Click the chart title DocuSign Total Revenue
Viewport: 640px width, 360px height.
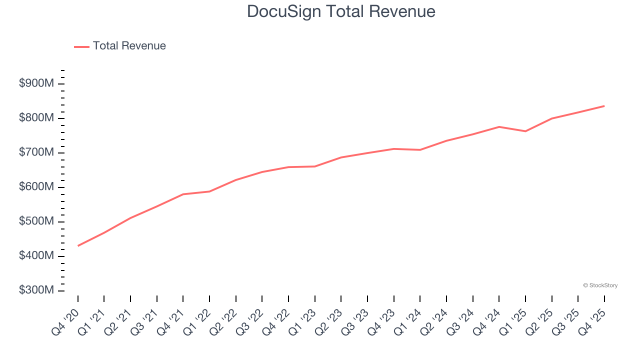tap(341, 11)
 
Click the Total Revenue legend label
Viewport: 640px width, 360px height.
tap(129, 46)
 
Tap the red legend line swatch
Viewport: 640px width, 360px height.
tap(81, 46)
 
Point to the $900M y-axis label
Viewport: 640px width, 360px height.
tap(36, 83)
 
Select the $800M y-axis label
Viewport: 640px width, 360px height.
tap(36, 118)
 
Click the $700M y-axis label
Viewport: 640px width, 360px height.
tap(36, 152)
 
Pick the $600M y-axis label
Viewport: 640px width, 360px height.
tap(36, 187)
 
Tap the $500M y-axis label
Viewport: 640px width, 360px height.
tap(36, 221)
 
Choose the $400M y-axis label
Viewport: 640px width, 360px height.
tap(36, 256)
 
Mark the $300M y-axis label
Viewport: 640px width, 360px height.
tap(36, 290)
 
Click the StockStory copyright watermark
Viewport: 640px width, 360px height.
tap(600, 285)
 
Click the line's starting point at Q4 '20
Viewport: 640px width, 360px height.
tap(78, 245)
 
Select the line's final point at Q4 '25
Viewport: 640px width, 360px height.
tap(604, 106)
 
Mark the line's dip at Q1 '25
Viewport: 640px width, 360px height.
tap(525, 131)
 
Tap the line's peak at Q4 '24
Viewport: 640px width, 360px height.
tap(499, 127)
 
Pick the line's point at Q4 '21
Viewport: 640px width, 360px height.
tap(183, 194)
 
